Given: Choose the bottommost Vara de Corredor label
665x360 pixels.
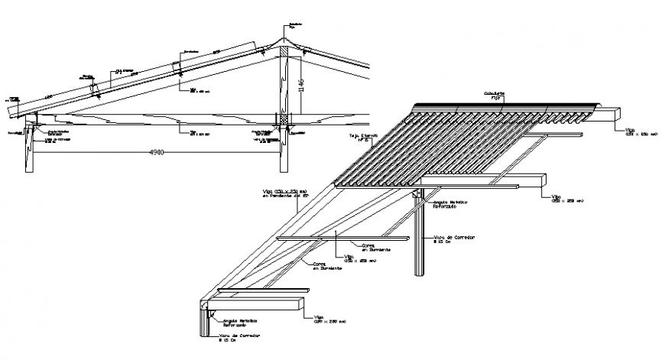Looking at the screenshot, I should [237, 338].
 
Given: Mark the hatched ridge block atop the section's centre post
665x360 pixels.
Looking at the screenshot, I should [284, 53].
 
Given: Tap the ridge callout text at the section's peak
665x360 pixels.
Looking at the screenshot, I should [290, 26].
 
